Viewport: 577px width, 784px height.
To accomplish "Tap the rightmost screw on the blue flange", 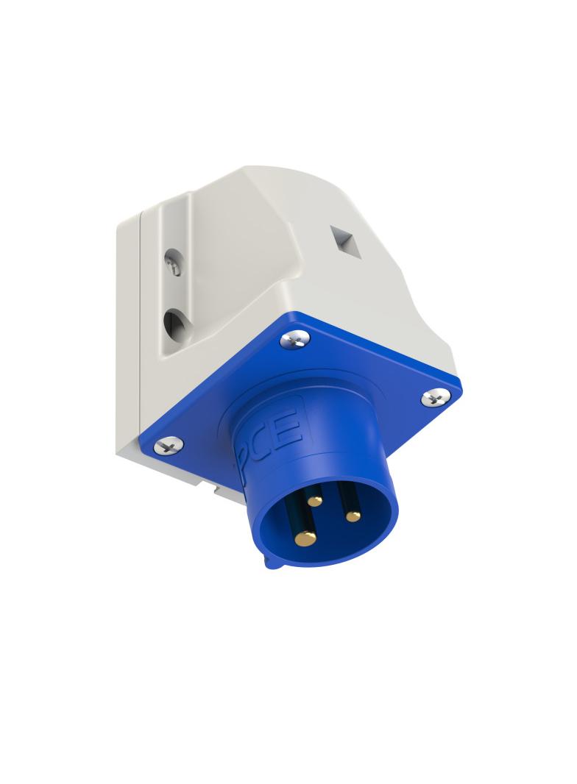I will (x=434, y=398).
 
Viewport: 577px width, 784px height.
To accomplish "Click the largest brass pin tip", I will (x=304, y=539).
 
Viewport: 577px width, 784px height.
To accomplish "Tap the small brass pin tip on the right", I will (x=353, y=516).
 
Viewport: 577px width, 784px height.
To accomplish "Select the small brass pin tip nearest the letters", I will (x=315, y=501).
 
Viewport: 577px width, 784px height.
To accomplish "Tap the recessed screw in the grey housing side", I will (x=173, y=263).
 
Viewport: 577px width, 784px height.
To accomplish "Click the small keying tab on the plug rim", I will (x=270, y=564).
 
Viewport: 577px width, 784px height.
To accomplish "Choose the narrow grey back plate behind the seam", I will (x=127, y=331).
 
